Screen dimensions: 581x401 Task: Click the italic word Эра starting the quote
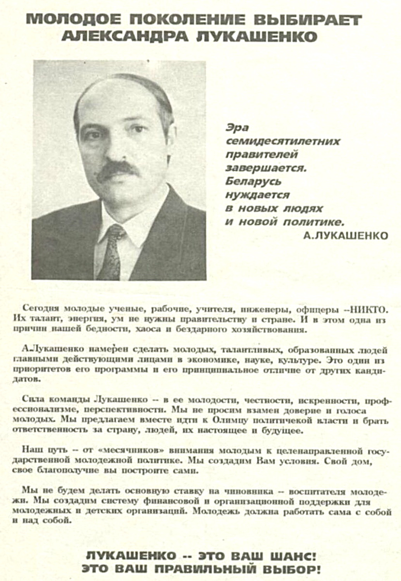click(237, 127)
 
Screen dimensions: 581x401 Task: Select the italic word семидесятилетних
click(283, 141)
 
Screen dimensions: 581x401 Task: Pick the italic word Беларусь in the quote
click(253, 181)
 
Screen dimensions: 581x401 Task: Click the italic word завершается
click(266, 168)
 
